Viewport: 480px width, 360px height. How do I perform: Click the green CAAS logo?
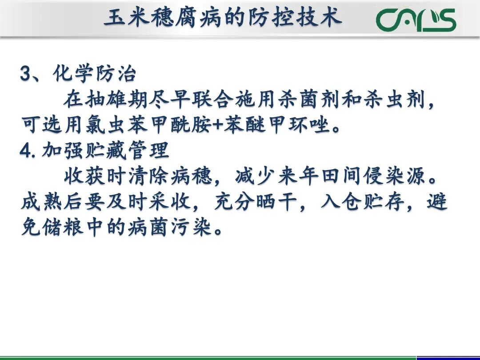pyautogui.click(x=416, y=20)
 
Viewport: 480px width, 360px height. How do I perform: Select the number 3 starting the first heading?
pyautogui.click(x=25, y=74)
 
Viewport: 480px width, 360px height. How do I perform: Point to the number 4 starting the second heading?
pyautogui.click(x=25, y=151)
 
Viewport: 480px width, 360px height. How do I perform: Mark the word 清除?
pyautogui.click(x=148, y=177)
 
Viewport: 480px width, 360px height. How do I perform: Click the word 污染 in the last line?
pyautogui.click(x=192, y=229)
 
